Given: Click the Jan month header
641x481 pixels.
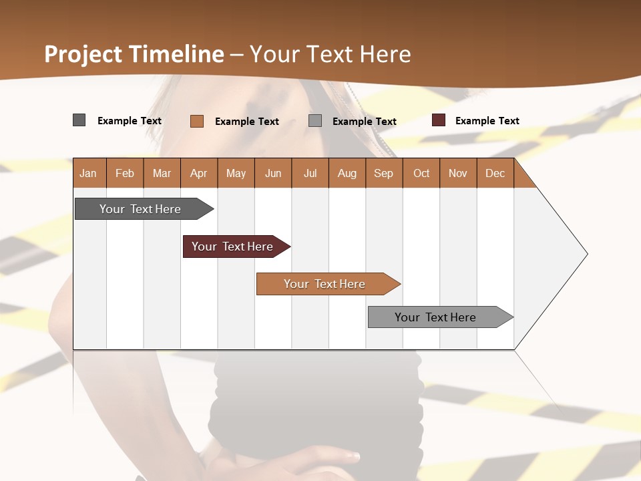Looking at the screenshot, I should coord(89,173).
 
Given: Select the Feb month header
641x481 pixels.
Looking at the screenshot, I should coord(125,173).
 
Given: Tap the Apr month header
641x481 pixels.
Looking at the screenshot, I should coord(199,173).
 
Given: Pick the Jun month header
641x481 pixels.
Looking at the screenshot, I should coord(273,173).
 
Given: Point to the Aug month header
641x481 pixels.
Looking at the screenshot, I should coord(347,173).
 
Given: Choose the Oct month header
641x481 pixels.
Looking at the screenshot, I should coord(421,173).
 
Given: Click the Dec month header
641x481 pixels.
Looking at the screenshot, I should coord(495,173).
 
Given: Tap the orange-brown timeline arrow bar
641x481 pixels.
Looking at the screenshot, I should coord(325,284).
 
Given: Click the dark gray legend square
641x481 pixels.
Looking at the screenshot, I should coord(79,120).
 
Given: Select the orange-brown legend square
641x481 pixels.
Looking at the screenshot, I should coord(197,121).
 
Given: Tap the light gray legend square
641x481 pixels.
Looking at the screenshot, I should coord(315,121).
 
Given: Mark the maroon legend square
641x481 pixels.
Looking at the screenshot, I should coord(438,120).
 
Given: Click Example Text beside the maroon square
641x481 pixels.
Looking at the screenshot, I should coord(487,121).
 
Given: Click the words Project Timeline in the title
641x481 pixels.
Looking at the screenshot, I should coord(134,54).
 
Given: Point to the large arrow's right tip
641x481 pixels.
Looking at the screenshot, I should coord(586,254).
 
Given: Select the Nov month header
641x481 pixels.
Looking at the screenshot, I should coord(458,173).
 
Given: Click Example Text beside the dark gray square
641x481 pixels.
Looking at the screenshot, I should coord(130,121).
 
